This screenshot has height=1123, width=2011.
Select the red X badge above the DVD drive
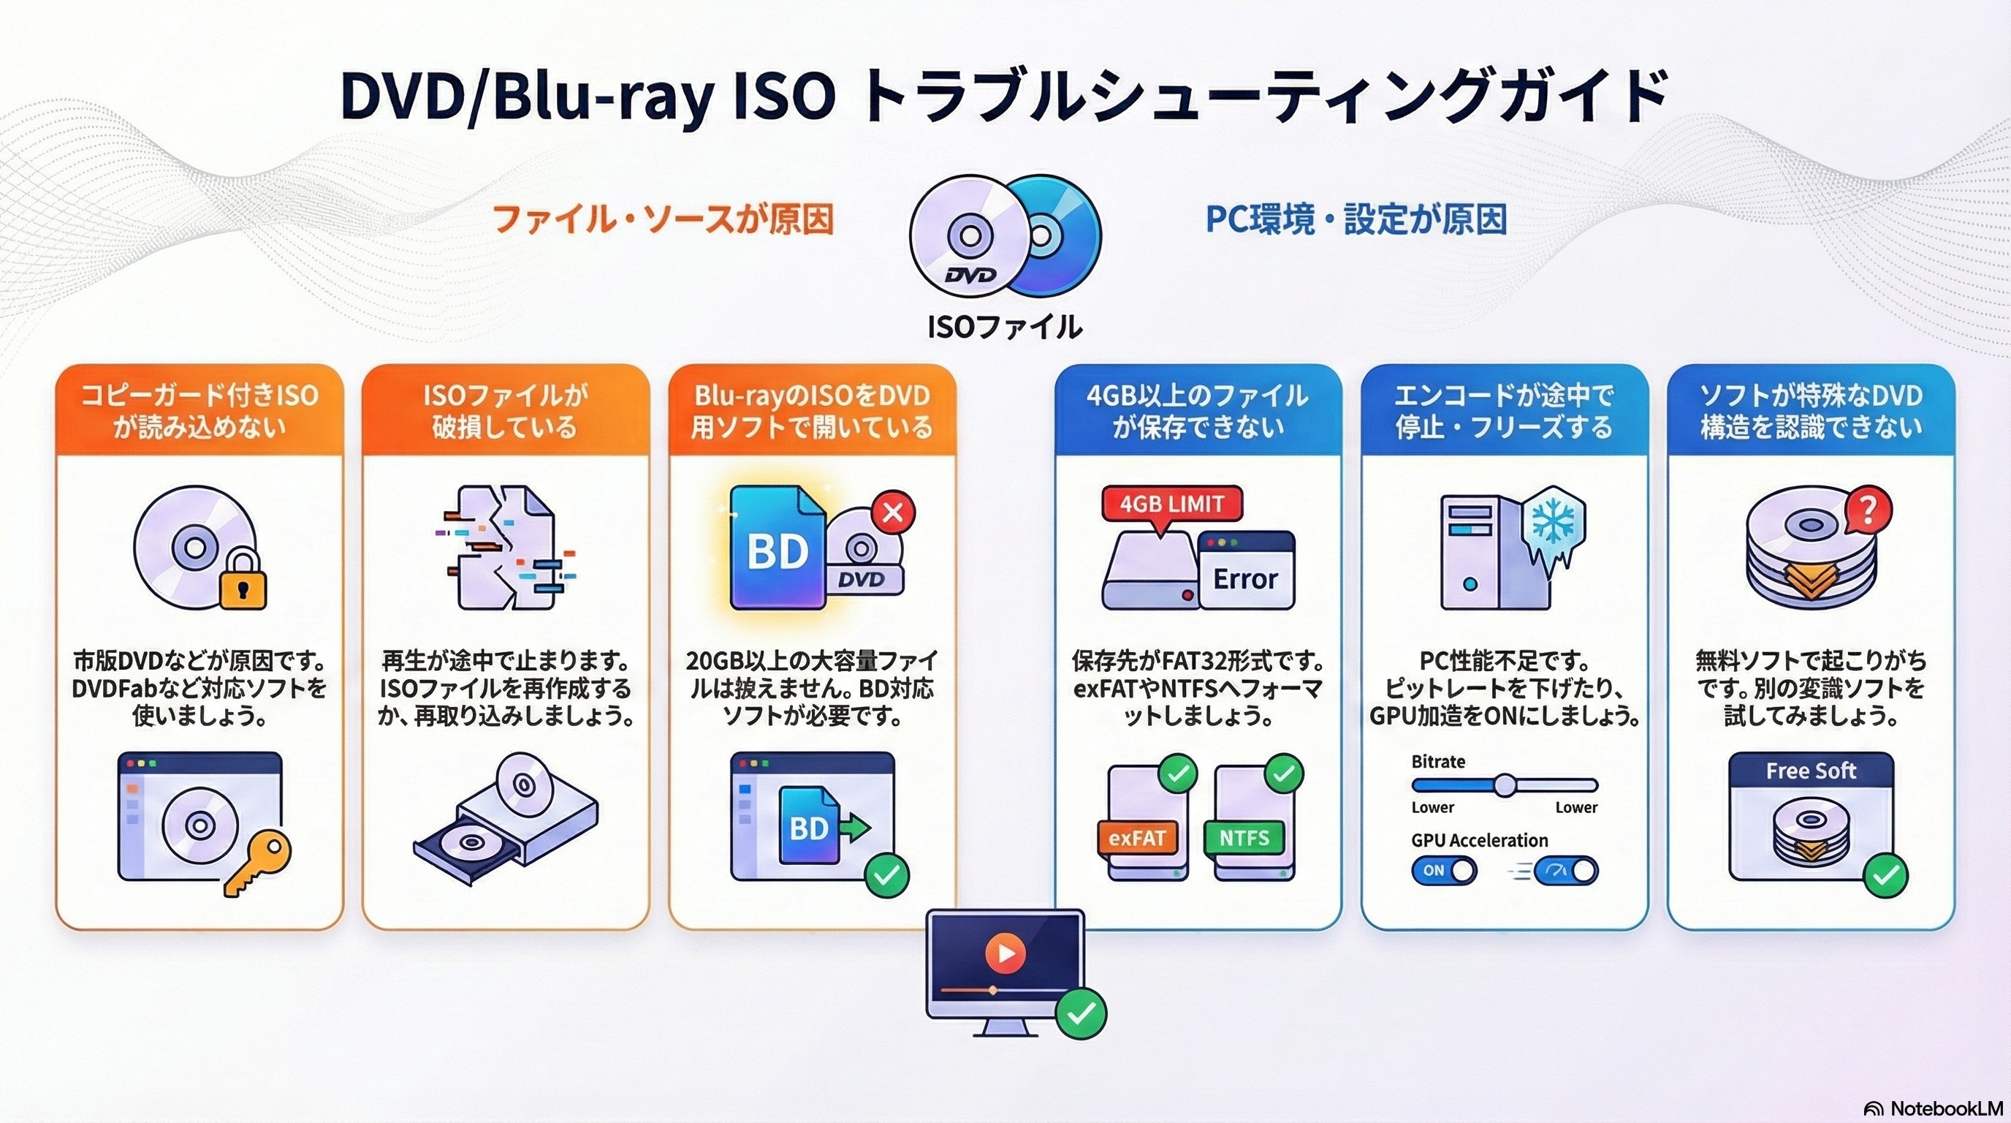click(x=893, y=513)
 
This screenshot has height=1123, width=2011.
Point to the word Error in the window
click(x=1245, y=578)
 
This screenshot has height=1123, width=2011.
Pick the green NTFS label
click(x=1244, y=838)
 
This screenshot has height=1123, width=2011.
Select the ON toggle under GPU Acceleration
click(x=1443, y=870)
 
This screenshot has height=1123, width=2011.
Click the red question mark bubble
click(x=1868, y=511)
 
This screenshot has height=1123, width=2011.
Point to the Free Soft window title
click(x=1810, y=771)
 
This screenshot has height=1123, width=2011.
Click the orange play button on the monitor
click(x=1005, y=953)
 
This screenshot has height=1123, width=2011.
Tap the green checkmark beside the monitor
click(x=1081, y=1013)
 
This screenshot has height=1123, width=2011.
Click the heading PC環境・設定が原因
click(x=1356, y=219)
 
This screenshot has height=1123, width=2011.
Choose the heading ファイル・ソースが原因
click(x=663, y=219)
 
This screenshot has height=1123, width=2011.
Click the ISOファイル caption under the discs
click(x=1005, y=326)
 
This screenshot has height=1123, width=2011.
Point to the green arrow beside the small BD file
click(x=856, y=826)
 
